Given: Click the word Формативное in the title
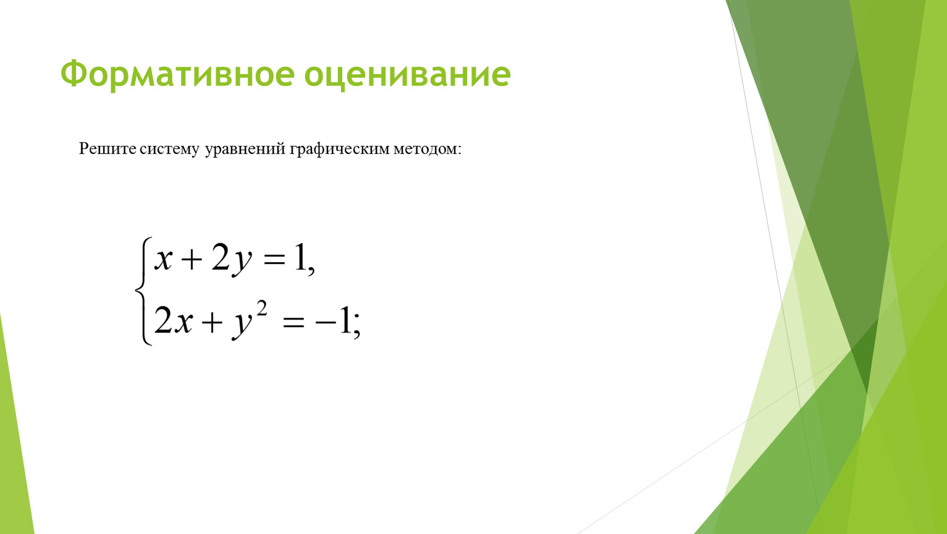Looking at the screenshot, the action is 177,74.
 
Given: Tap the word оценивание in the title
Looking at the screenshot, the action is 408,75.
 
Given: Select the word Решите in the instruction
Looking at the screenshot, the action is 108,149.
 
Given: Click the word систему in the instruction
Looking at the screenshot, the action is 169,150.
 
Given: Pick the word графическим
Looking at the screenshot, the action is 340,150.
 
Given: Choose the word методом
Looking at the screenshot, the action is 425,150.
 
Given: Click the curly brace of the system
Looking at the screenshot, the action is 143,291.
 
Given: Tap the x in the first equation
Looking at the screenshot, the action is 164,259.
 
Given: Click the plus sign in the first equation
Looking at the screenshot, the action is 192,259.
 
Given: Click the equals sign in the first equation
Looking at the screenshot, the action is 274,259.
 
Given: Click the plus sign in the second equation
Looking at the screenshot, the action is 213,322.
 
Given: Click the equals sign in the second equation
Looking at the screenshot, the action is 293,323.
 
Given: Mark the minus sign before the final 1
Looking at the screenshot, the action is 325,323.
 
